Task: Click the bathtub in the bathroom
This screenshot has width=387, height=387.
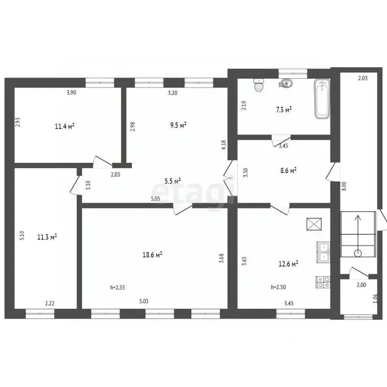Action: (321, 99)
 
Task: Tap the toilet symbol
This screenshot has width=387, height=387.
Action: (259, 85)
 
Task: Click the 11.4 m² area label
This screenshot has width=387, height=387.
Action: (65, 126)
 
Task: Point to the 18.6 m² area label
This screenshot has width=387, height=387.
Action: (152, 255)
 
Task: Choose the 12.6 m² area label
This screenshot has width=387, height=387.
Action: (289, 263)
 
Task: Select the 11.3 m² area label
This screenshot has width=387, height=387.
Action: (47, 236)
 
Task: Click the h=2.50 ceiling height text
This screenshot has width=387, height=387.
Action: (279, 287)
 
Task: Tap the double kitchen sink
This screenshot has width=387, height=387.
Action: (323, 252)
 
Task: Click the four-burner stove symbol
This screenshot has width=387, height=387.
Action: (323, 282)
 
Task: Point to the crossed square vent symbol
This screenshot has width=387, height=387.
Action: (313, 223)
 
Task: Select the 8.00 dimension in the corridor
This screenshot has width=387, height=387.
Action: (344, 185)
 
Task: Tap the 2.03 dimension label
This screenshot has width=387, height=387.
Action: (363, 78)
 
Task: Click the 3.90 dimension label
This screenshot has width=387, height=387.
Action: (72, 93)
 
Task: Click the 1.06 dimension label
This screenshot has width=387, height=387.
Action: (374, 298)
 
